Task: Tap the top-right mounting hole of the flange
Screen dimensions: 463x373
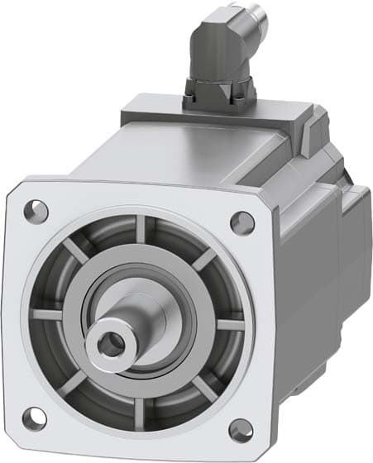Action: (x=241, y=221)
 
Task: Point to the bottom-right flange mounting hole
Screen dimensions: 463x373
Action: (x=240, y=427)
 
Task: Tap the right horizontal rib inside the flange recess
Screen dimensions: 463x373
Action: (x=225, y=324)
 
